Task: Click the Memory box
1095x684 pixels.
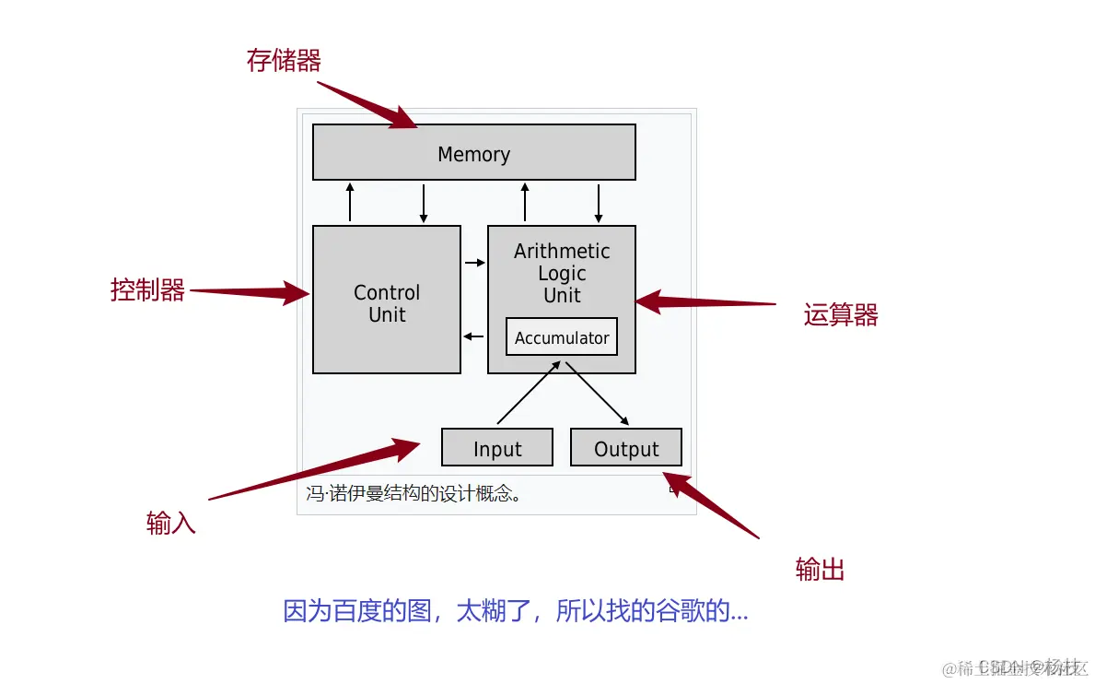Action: pyautogui.click(x=473, y=153)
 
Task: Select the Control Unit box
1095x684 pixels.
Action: pyautogui.click(x=386, y=300)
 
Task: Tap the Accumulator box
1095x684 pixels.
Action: pyautogui.click(x=561, y=337)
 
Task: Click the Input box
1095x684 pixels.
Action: pyautogui.click(x=497, y=448)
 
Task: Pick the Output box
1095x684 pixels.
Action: pyautogui.click(x=626, y=448)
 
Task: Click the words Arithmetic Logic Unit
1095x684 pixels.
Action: pyautogui.click(x=562, y=273)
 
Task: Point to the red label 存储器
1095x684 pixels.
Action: pyautogui.click(x=284, y=61)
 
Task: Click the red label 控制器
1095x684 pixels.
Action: pyautogui.click(x=147, y=290)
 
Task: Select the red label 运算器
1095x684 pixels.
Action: pyautogui.click(x=840, y=315)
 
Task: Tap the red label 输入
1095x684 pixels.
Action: pyautogui.click(x=170, y=524)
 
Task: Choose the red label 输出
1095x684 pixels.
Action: pyautogui.click(x=820, y=570)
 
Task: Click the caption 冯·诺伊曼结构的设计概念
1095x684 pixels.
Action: pyautogui.click(x=414, y=493)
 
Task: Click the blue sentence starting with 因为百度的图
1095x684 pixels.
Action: pyautogui.click(x=515, y=611)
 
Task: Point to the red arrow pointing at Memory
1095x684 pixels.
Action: pyautogui.click(x=368, y=104)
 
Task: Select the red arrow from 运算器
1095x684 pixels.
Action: pyautogui.click(x=705, y=302)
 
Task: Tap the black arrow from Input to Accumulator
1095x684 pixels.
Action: pyautogui.click(x=529, y=393)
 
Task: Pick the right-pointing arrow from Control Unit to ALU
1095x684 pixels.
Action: pyautogui.click(x=474, y=263)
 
